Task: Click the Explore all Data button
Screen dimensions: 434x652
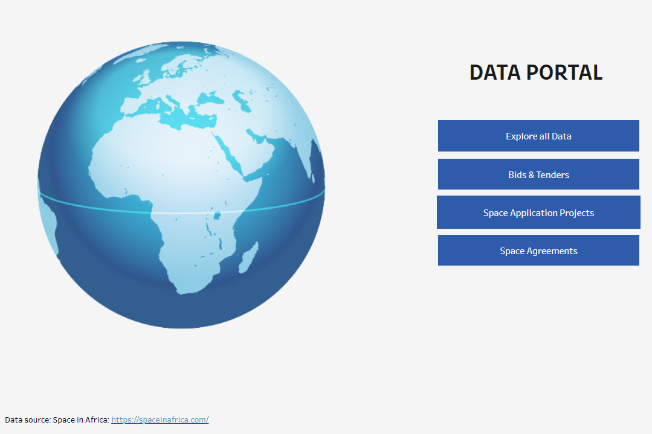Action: click(x=538, y=136)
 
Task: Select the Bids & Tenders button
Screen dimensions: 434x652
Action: click(x=538, y=174)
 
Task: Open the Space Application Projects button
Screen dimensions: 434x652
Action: click(x=538, y=212)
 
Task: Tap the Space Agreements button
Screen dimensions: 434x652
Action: click(x=538, y=251)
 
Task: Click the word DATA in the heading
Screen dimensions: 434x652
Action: click(x=495, y=72)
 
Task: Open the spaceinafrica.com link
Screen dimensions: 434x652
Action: click(x=160, y=420)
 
